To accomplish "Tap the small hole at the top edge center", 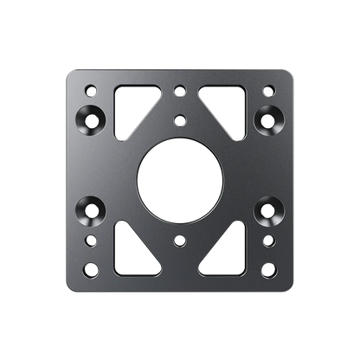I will click(x=179, y=87).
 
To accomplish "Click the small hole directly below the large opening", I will click(x=179, y=239).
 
